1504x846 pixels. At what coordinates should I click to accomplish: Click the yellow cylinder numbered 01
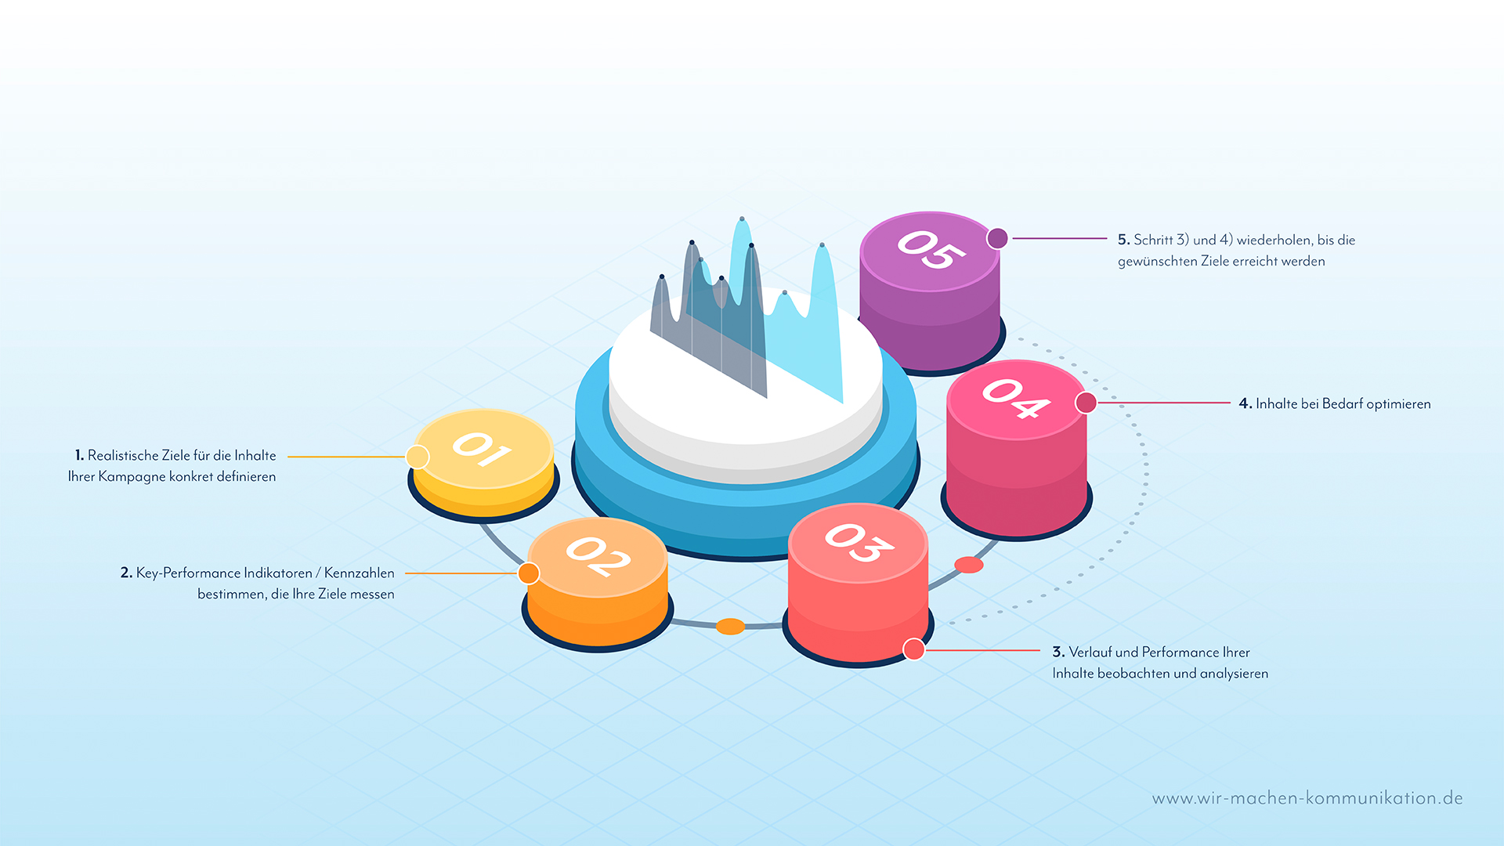pyautogui.click(x=483, y=462)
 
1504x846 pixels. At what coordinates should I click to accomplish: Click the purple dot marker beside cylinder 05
pyautogui.click(x=997, y=238)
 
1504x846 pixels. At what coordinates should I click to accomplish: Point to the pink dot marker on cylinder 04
pyautogui.click(x=1086, y=403)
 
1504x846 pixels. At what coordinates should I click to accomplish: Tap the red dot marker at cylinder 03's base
pyautogui.click(x=914, y=649)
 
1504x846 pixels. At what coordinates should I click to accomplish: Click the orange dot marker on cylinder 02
pyautogui.click(x=529, y=573)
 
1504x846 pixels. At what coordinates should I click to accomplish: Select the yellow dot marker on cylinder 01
pyautogui.click(x=418, y=457)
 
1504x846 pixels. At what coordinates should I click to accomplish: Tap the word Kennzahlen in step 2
pyautogui.click(x=360, y=573)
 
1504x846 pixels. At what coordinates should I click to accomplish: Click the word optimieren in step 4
pyautogui.click(x=1398, y=404)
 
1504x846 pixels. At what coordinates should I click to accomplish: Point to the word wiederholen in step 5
pyautogui.click(x=1274, y=240)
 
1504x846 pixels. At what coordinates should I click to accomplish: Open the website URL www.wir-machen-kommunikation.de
pyautogui.click(x=1307, y=798)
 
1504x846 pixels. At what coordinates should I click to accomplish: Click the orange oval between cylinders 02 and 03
pyautogui.click(x=730, y=626)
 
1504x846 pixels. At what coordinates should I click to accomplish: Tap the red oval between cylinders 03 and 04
pyautogui.click(x=968, y=565)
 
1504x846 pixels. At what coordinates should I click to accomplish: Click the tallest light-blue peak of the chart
pyautogui.click(x=742, y=220)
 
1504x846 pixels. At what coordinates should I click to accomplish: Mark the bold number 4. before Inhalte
pyautogui.click(x=1245, y=404)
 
